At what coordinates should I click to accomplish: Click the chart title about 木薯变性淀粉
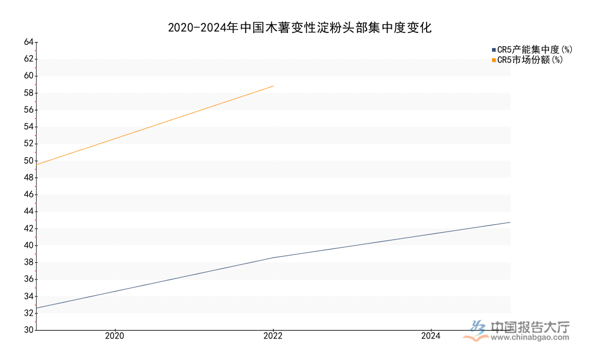299,28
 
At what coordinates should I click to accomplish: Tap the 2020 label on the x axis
114,337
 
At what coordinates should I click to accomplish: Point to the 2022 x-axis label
273,337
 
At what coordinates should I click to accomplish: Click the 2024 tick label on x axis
431,337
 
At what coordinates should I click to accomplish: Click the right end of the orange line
273,86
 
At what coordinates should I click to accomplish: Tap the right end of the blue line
510,223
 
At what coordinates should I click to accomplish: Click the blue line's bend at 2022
273,257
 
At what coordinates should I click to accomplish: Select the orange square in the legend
494,60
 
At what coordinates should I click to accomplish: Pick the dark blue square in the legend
494,50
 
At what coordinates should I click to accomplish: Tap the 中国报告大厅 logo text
530,327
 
